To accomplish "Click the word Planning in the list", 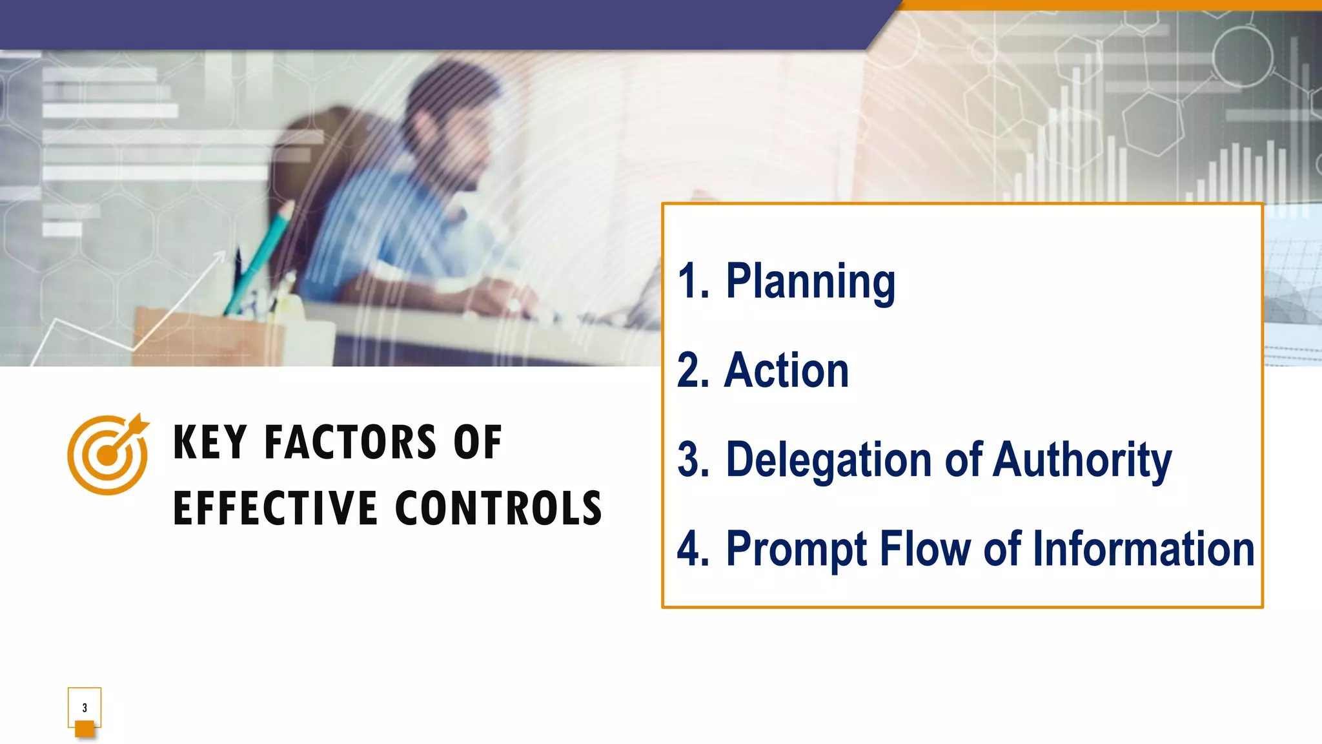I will tap(810, 282).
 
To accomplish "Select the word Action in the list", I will tap(786, 371).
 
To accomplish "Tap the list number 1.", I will tap(693, 282).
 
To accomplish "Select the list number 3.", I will tap(693, 460).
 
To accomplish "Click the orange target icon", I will tap(108, 455).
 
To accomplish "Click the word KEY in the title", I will tap(210, 443).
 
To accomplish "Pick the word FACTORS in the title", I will tap(350, 443).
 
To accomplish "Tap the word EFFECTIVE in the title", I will tap(275, 508).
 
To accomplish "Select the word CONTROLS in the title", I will tap(498, 508).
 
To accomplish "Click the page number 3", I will tap(85, 708).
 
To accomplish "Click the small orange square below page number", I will tap(85, 729).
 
